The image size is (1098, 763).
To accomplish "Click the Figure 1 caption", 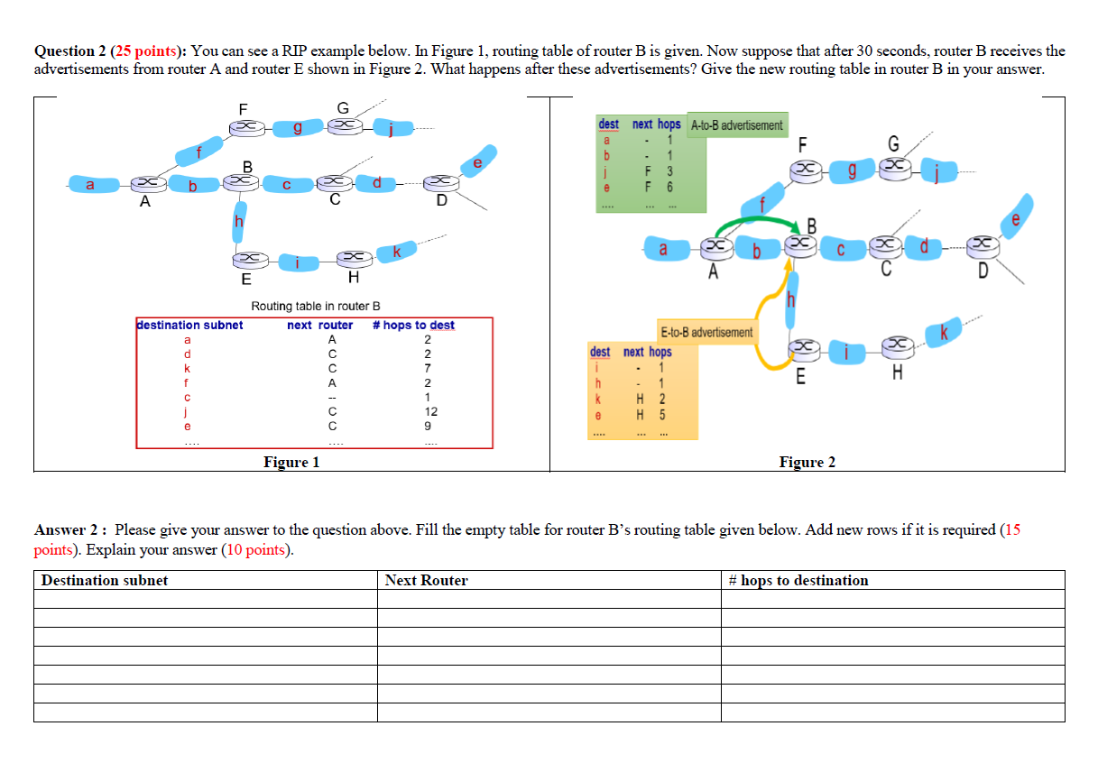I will (x=291, y=463).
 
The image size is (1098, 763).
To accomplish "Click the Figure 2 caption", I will (x=807, y=463).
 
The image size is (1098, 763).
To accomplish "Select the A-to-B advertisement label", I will (x=736, y=125).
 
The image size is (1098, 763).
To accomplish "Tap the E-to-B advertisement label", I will (x=706, y=333).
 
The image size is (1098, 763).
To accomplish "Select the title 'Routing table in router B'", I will (x=315, y=307).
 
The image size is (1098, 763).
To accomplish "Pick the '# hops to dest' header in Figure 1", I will (x=413, y=325).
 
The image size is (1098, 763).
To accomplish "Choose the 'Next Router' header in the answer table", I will (x=426, y=581).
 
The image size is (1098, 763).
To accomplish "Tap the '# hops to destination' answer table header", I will (x=798, y=581).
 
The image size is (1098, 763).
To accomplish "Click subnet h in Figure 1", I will (x=239, y=222).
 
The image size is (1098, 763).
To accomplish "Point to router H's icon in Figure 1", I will (x=355, y=258).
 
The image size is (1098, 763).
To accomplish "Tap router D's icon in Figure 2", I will (x=983, y=245).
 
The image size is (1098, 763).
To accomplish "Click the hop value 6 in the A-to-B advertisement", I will (x=669, y=188).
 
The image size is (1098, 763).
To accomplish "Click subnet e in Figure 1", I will (x=478, y=162).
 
